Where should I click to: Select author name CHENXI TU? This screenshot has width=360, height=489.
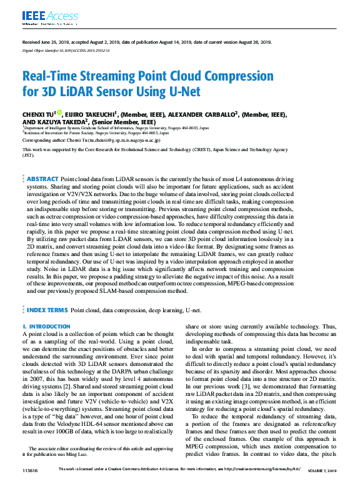click(38, 115)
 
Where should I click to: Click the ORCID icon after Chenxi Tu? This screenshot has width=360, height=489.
click(60, 113)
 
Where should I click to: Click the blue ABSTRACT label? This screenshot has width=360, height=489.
click(43, 162)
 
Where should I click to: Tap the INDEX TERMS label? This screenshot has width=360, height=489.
click(47, 310)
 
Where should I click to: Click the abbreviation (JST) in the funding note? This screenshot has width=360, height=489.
click(29, 155)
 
